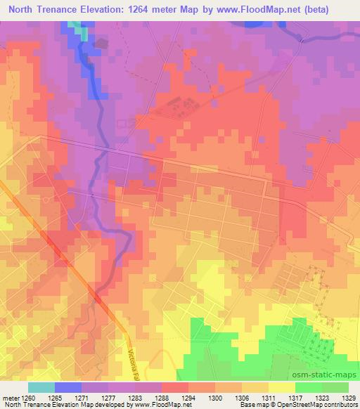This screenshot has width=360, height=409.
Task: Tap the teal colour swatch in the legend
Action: tap(41, 387)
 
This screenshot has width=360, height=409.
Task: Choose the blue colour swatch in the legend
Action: tap(68, 387)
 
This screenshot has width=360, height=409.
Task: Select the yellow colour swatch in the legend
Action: tap(282, 387)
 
